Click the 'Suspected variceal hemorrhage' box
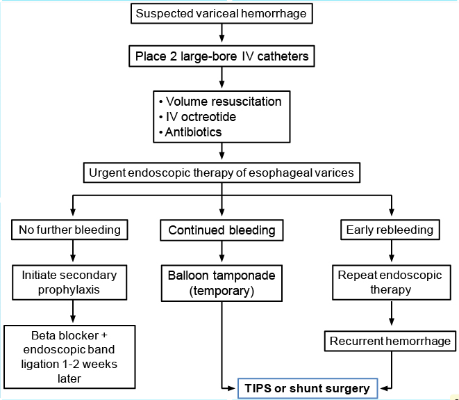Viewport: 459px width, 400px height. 220,13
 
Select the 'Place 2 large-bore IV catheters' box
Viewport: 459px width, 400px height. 220,56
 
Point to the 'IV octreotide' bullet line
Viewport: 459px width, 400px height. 201,117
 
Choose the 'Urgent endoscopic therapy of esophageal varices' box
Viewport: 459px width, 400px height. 221,173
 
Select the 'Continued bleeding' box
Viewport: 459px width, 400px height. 222,230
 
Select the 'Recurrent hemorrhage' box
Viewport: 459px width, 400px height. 390,341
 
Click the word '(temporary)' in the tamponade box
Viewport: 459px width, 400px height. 222,291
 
